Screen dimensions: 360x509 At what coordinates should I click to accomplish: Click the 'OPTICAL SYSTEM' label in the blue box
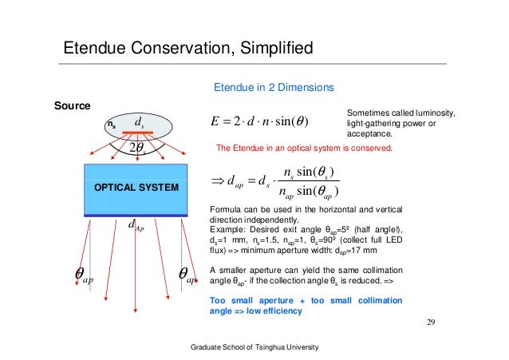coord(135,187)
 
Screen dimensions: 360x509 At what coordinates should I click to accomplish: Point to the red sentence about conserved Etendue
coord(304,148)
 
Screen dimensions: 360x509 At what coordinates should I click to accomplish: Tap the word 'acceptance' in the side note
coord(370,134)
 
